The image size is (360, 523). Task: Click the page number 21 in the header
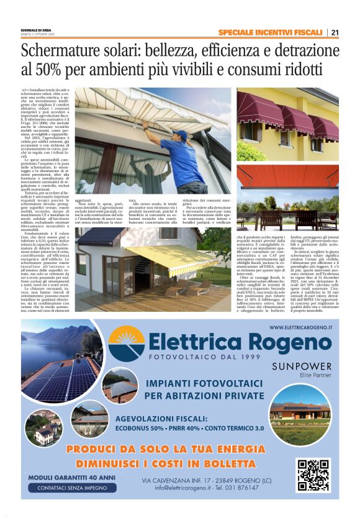335,32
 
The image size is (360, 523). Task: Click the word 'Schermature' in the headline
57,48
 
